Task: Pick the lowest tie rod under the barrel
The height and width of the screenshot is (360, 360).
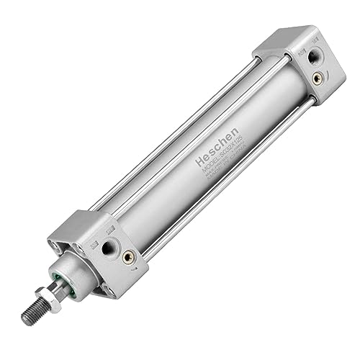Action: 216,194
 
